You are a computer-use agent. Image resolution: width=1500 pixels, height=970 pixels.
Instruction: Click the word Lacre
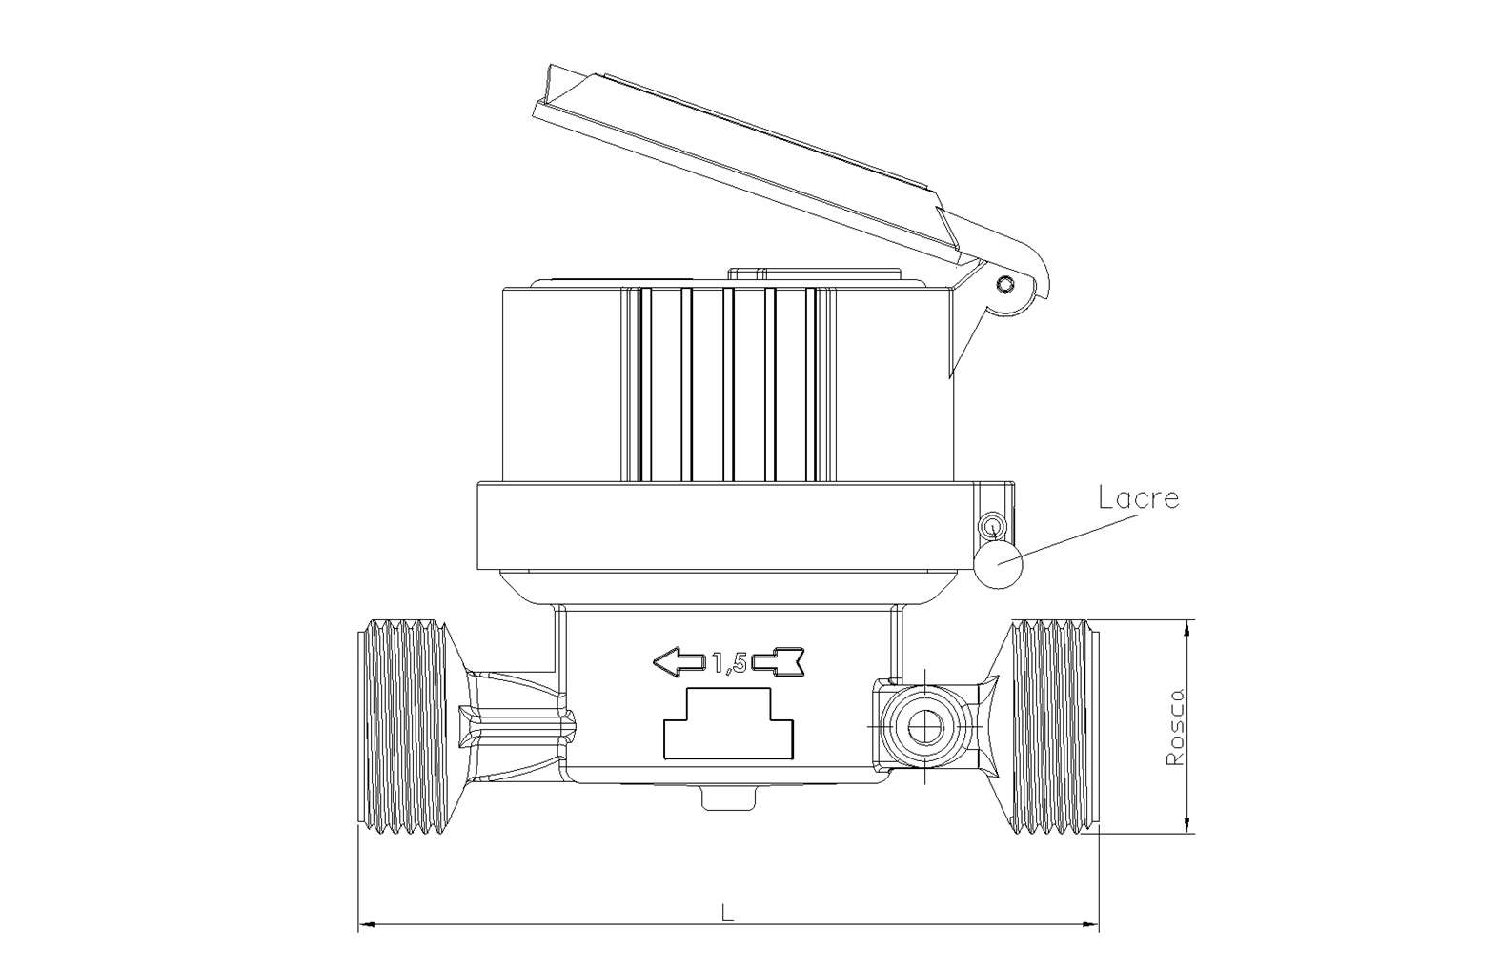[x=1139, y=498]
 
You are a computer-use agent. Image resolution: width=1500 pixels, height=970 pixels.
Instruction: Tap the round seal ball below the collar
[x=999, y=564]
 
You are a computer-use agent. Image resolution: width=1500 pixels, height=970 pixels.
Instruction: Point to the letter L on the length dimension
[x=728, y=913]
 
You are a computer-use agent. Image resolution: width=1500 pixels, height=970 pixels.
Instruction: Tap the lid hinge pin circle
[x=1005, y=285]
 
